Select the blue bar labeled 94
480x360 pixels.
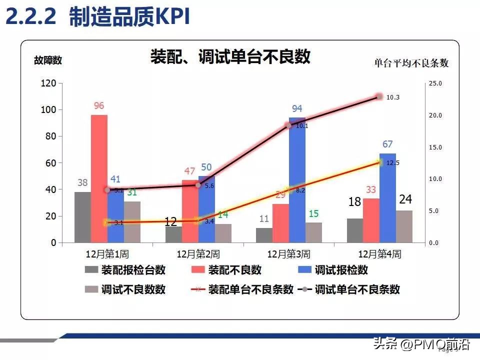pyautogui.click(x=297, y=180)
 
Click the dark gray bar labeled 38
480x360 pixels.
pyautogui.click(x=82, y=217)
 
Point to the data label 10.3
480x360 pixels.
pyautogui.click(x=393, y=97)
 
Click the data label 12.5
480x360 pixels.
pyautogui.click(x=393, y=163)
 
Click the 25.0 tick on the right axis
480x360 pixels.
pyautogui.click(x=435, y=83)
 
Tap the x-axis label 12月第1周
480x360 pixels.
pyautogui.click(x=107, y=254)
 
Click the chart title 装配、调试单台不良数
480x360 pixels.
pyautogui.click(x=230, y=56)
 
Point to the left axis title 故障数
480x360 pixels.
pyautogui.click(x=48, y=60)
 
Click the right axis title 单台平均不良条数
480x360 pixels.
pyautogui.click(x=411, y=63)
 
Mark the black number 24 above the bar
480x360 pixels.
pyautogui.click(x=405, y=199)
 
